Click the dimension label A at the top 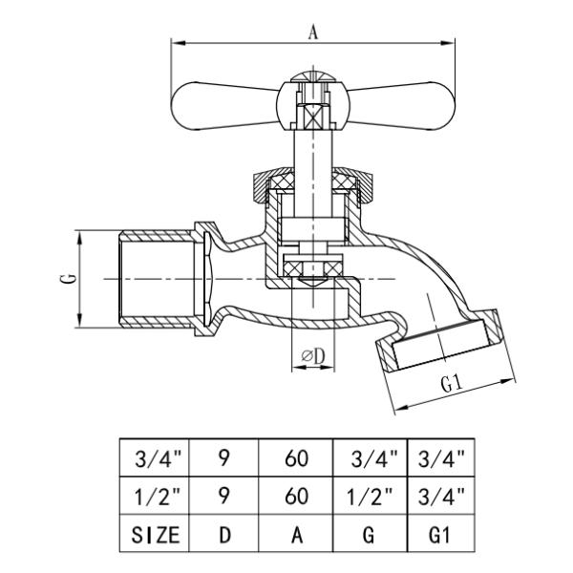click(312, 31)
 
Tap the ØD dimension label click(313, 355)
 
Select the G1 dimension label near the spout click(452, 384)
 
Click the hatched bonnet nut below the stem click(311, 182)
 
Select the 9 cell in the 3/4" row click(224, 458)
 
